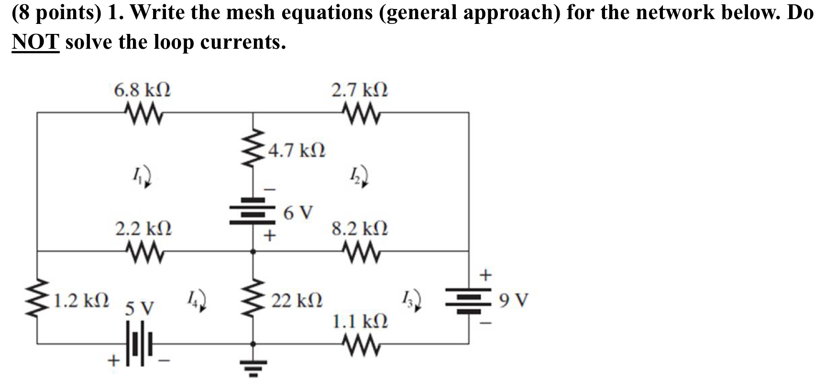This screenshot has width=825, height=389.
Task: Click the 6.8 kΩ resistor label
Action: tap(142, 90)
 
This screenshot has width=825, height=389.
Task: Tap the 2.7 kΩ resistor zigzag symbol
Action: tap(362, 114)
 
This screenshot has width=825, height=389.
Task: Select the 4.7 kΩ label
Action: tap(297, 151)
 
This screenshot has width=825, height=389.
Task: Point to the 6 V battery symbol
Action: tap(253, 211)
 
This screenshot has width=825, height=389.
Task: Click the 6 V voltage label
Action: tap(298, 213)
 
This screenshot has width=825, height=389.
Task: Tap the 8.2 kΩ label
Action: tap(360, 228)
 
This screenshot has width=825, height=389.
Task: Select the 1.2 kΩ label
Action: tap(81, 301)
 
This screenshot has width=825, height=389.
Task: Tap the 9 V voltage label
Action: tap(513, 301)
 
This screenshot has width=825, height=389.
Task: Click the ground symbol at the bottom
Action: tap(253, 367)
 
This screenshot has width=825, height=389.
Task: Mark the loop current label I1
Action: tap(142, 176)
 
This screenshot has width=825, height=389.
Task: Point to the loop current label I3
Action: tap(412, 300)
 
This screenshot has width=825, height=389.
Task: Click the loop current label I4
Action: tap(197, 300)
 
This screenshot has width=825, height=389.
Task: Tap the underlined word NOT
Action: tap(35, 42)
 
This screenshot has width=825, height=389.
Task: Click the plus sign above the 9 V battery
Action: tap(485, 275)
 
